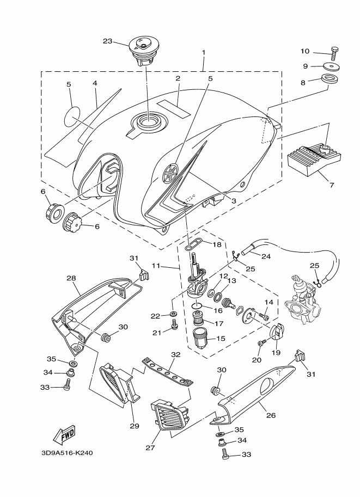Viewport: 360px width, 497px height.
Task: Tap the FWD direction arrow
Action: (65, 434)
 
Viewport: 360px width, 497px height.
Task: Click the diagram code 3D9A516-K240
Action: (67, 453)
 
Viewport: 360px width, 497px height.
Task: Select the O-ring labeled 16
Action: (197, 306)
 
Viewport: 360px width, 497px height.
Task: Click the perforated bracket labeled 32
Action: (168, 370)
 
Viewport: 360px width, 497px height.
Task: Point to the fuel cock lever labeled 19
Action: (276, 332)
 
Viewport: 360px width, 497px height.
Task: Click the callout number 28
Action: (71, 278)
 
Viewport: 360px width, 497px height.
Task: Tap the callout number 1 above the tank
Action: (204, 52)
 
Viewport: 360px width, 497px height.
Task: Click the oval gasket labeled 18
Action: (194, 246)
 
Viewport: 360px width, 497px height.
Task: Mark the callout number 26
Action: (271, 415)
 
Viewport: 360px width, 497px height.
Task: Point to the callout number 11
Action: (156, 265)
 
